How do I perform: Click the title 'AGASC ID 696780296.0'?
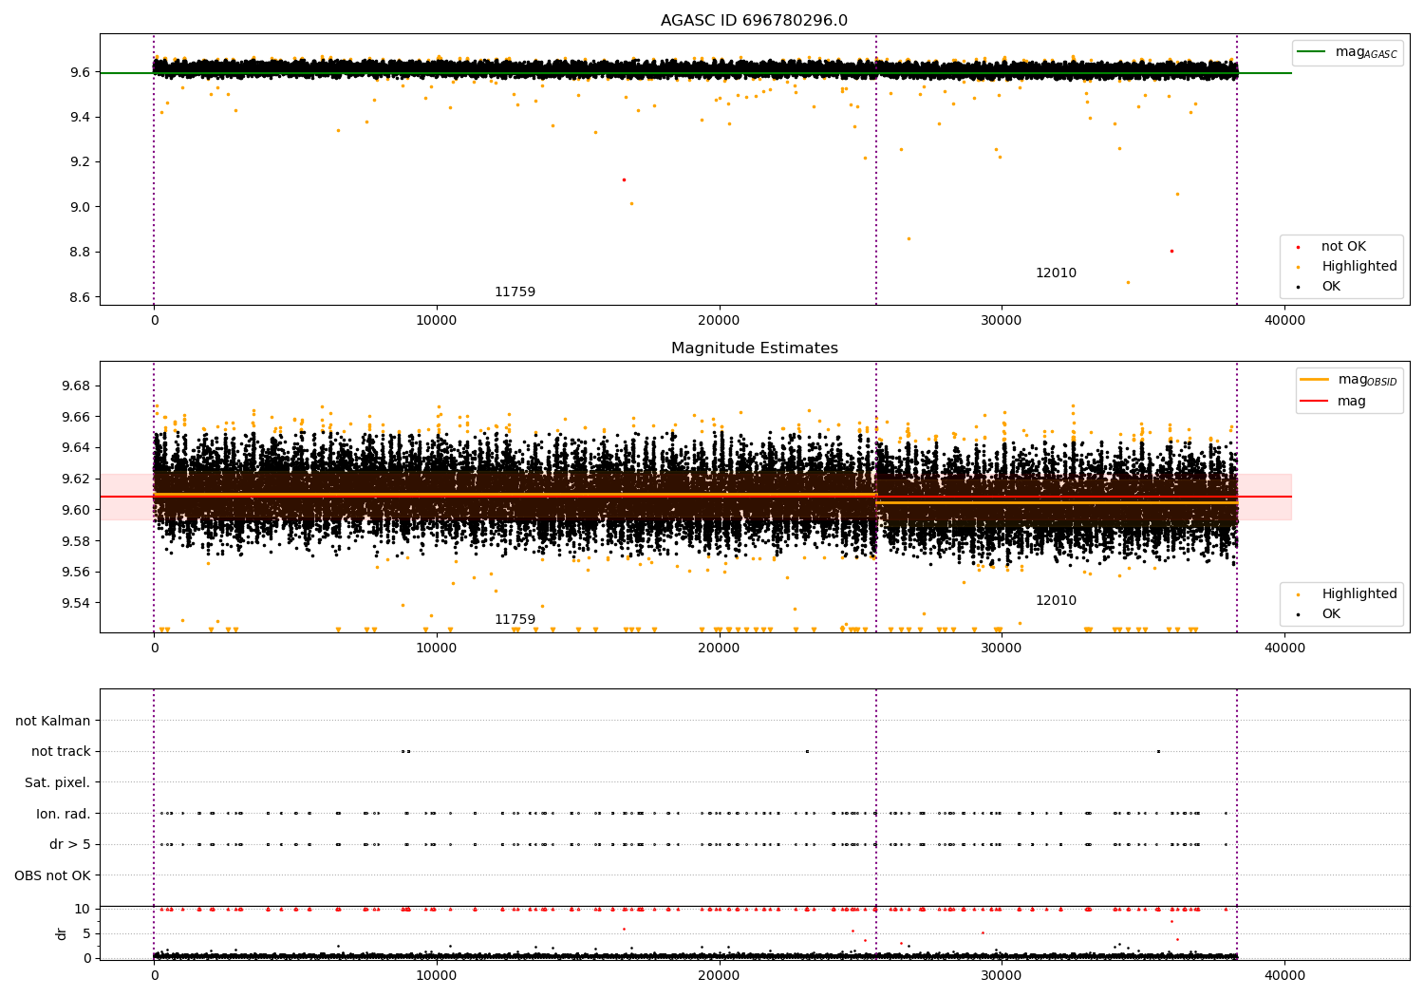(x=754, y=20)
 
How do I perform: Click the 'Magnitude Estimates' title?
(x=755, y=348)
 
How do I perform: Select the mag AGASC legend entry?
(x=1348, y=52)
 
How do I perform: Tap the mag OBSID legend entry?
(x=1348, y=380)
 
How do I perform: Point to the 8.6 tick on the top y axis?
(x=80, y=297)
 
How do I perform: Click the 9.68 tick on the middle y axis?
(x=76, y=386)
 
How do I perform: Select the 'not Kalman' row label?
(x=53, y=721)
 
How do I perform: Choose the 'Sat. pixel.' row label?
(x=57, y=782)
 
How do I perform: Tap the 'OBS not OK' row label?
(x=53, y=875)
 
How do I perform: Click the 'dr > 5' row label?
(x=70, y=844)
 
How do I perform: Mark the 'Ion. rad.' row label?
(x=63, y=813)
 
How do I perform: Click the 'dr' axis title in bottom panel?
(x=61, y=933)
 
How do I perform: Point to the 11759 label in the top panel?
(x=515, y=292)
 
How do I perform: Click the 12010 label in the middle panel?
(x=1056, y=600)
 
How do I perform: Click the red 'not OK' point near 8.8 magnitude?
(x=1171, y=252)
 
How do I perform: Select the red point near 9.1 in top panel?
(x=624, y=180)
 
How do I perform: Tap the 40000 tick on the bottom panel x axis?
(x=1284, y=975)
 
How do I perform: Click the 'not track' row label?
(x=61, y=751)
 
